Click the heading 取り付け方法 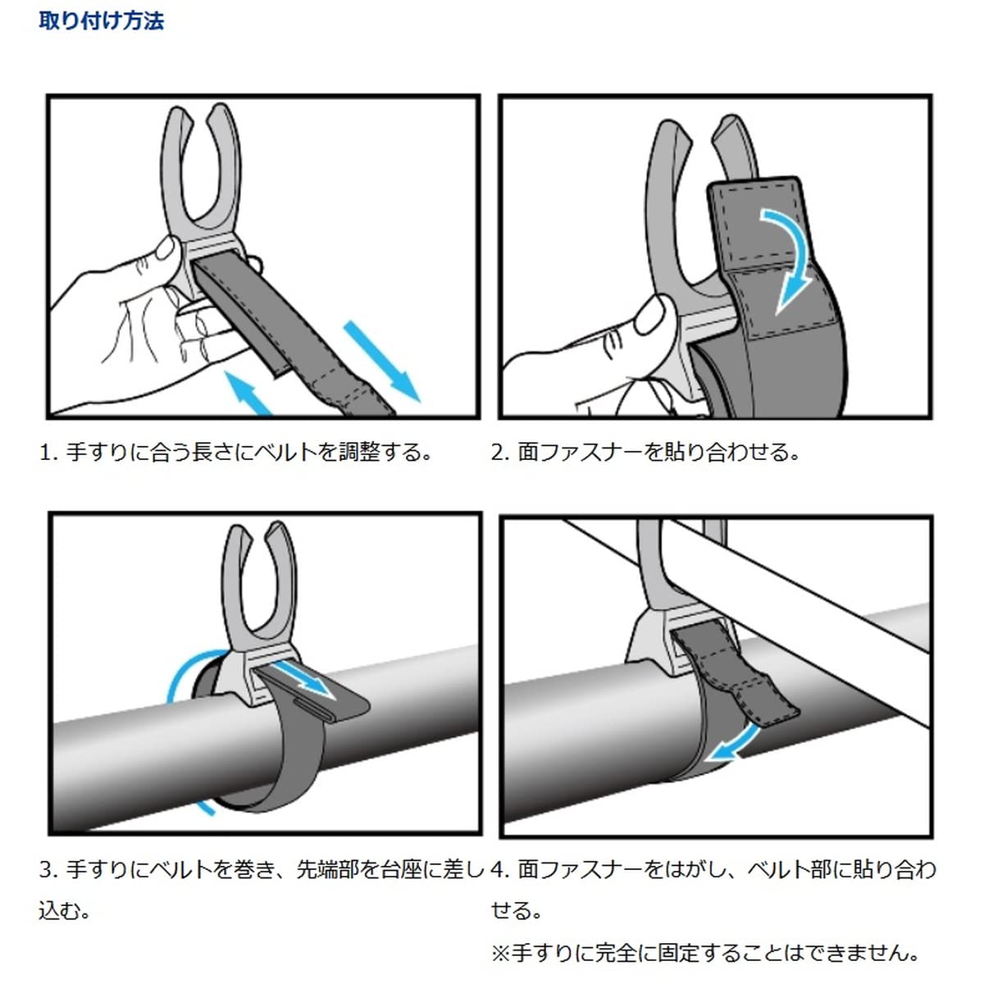[x=101, y=20]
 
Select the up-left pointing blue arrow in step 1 [x=248, y=393]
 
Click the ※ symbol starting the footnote [x=501, y=954]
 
